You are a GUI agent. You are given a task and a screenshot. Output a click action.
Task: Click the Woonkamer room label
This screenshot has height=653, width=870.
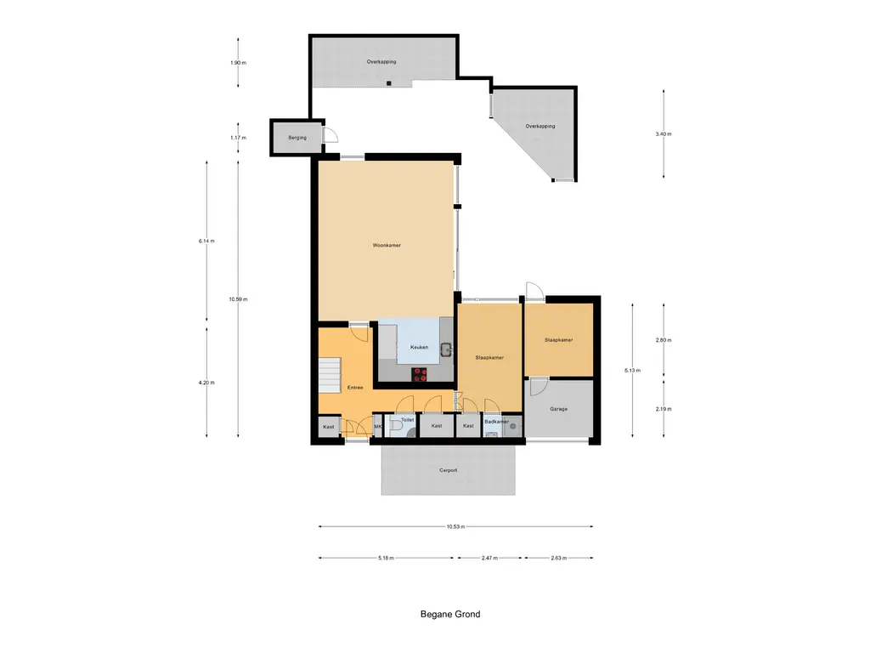click(x=387, y=245)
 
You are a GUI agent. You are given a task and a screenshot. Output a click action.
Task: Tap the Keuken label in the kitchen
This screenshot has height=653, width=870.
click(x=419, y=347)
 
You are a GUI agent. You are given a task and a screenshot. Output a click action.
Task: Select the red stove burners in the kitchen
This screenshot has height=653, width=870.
click(x=420, y=375)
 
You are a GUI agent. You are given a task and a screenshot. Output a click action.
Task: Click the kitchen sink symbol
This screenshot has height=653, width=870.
click(x=446, y=349)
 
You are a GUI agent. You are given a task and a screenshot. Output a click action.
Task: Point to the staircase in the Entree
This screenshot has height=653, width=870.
click(x=330, y=374)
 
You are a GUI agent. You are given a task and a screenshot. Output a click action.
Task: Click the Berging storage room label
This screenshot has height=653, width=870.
click(x=297, y=138)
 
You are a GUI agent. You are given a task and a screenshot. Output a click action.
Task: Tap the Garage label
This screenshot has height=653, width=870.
click(x=559, y=409)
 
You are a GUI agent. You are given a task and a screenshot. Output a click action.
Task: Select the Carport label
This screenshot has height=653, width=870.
click(x=449, y=470)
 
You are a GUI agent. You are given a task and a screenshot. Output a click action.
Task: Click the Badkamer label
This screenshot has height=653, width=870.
click(x=496, y=422)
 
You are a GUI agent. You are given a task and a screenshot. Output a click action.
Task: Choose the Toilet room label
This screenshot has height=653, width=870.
click(x=407, y=420)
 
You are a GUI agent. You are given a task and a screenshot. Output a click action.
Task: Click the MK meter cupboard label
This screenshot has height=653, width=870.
click(x=378, y=427)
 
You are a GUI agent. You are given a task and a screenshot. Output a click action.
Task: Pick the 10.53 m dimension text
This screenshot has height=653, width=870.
click(x=455, y=526)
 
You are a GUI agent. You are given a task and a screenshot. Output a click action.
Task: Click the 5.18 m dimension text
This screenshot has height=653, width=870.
click(x=387, y=558)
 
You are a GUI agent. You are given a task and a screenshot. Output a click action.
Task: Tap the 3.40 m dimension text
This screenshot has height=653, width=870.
click(x=664, y=133)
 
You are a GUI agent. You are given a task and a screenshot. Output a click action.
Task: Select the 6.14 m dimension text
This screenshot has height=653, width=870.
click(x=206, y=241)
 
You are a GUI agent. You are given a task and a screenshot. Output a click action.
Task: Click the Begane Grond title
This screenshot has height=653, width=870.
click(x=450, y=614)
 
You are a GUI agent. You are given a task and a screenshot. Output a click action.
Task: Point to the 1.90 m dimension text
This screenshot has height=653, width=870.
click(x=238, y=63)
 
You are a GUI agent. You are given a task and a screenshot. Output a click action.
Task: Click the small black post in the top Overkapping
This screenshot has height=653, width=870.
click(x=389, y=83)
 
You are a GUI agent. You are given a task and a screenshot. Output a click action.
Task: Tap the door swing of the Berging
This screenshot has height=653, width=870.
click(x=330, y=135)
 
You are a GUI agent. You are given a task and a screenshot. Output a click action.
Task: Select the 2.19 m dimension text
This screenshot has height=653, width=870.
click(x=664, y=409)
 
